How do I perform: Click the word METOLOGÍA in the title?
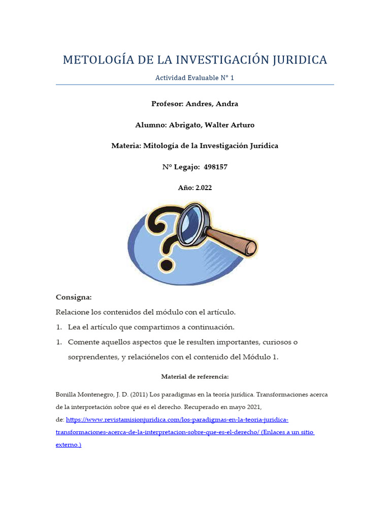[x=95, y=60]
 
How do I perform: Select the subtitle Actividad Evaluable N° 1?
[x=194, y=78]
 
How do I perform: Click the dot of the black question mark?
[x=166, y=265]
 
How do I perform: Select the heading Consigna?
[x=73, y=298]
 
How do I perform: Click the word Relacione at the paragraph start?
[x=72, y=312]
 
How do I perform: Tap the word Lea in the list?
[x=75, y=327]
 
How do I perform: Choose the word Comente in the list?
[x=83, y=342]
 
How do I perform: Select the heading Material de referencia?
[x=194, y=377]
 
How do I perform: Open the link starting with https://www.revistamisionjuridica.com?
[x=177, y=420]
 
